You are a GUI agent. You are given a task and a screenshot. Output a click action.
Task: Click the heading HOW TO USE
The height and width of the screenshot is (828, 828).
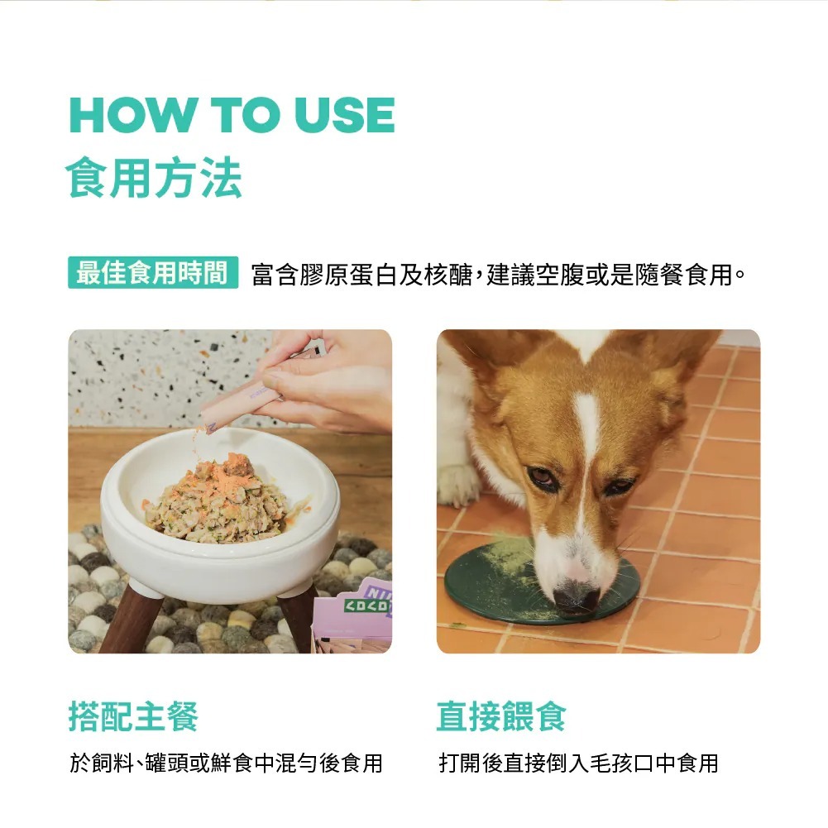tap(232, 115)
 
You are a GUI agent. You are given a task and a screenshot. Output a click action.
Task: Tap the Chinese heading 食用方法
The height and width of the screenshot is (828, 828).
tap(154, 177)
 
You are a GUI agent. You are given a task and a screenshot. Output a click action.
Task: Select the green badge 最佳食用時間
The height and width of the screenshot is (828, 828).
tap(153, 272)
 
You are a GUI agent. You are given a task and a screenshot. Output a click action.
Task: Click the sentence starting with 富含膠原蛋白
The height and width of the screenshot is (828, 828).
tap(499, 275)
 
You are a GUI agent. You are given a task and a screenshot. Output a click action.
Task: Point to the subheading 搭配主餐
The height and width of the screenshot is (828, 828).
tap(133, 716)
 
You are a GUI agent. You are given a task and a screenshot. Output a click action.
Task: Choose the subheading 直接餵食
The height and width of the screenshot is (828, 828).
tap(501, 716)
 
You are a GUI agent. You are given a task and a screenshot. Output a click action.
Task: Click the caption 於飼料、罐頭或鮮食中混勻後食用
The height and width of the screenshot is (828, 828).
tap(227, 763)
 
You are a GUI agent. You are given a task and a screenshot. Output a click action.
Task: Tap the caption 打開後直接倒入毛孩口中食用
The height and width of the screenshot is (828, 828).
tap(579, 763)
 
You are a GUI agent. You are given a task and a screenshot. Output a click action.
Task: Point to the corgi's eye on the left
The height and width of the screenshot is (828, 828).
tap(543, 476)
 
